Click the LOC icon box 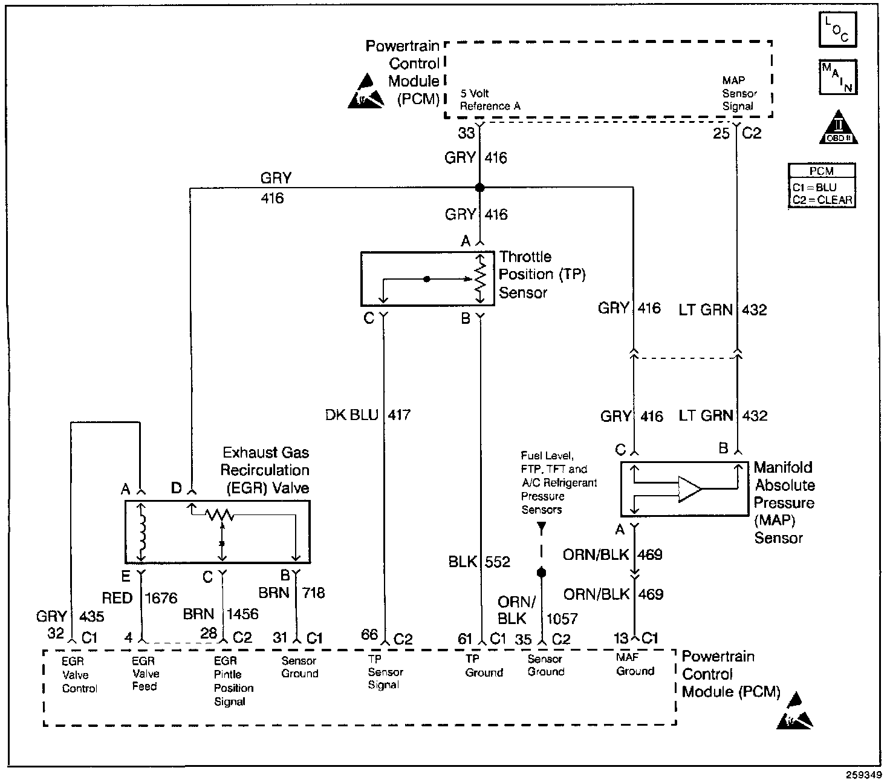pyautogui.click(x=838, y=30)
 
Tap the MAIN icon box pyautogui.click(x=838, y=77)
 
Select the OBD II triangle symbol pyautogui.click(x=838, y=127)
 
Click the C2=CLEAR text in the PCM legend pyautogui.click(x=822, y=200)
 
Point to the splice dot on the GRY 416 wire pyautogui.click(x=479, y=188)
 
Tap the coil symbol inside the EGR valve pyautogui.click(x=141, y=533)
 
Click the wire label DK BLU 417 pyautogui.click(x=368, y=415)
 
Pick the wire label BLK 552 pyautogui.click(x=479, y=562)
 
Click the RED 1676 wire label pyautogui.click(x=140, y=598)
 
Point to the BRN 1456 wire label pyautogui.click(x=221, y=614)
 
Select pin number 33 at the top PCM pyautogui.click(x=466, y=133)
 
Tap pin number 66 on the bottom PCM pyautogui.click(x=369, y=635)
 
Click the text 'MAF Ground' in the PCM pyautogui.click(x=635, y=664)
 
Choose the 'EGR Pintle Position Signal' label pyautogui.click(x=234, y=682)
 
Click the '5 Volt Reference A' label pyautogui.click(x=490, y=100)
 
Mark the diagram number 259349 pyautogui.click(x=863, y=775)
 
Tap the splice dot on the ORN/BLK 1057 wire pyautogui.click(x=542, y=573)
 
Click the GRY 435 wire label pyautogui.click(x=70, y=616)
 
